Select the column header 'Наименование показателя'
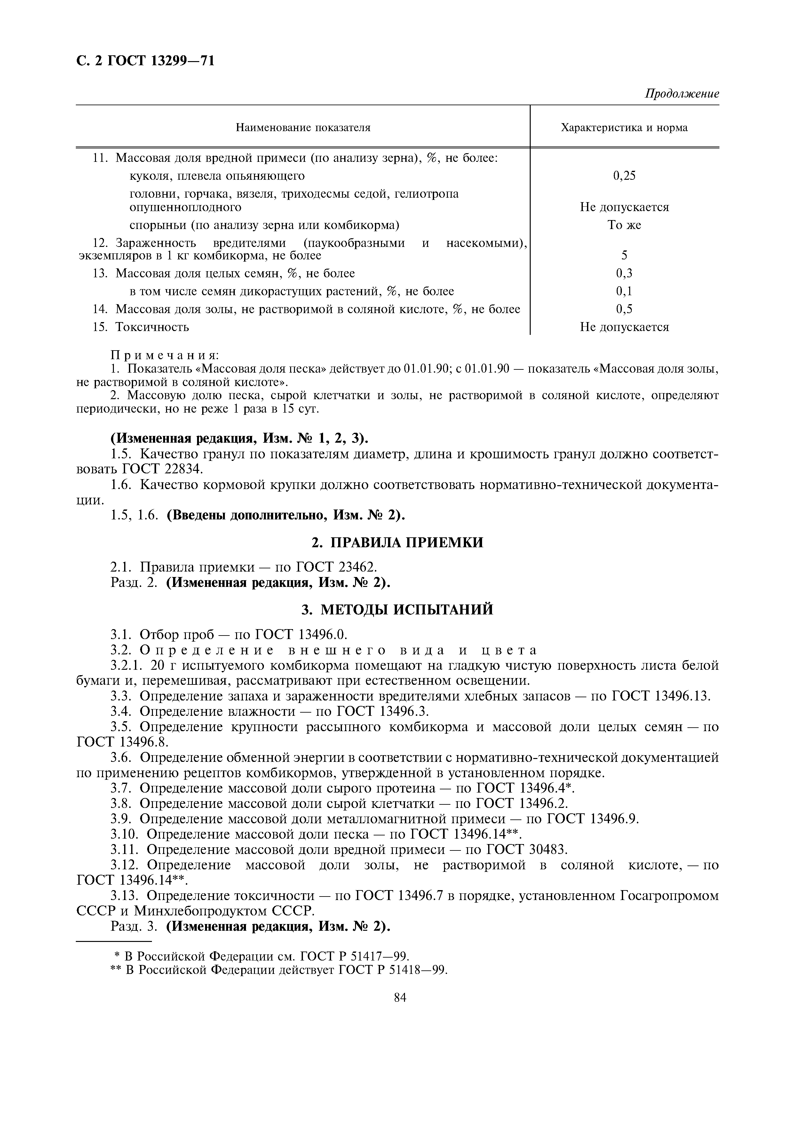[303, 128]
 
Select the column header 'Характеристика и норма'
[624, 128]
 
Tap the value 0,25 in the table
[624, 176]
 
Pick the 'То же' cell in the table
[624, 225]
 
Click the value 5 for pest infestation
[624, 256]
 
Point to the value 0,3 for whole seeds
[624, 273]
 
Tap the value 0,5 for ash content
[624, 309]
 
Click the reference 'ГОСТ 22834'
[161, 469]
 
